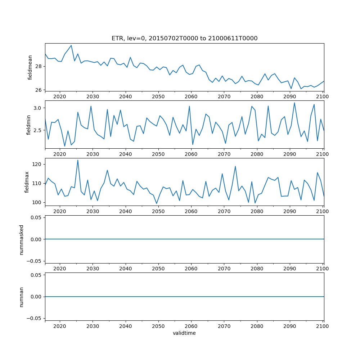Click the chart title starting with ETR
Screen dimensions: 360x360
(184, 39)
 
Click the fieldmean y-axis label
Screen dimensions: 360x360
(30, 67)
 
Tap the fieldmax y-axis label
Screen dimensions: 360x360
(27, 182)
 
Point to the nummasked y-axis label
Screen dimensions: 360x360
(22, 239)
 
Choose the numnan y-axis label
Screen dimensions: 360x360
(22, 297)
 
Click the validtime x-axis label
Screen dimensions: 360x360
(184, 333)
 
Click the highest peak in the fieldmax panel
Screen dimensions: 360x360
(78, 160)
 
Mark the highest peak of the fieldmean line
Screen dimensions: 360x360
(71, 45)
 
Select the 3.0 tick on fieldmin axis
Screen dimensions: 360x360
(37, 108)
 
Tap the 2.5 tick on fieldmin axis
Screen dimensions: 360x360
(37, 130)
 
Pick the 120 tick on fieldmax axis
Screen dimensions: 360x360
(37, 164)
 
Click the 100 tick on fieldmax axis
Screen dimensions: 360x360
(37, 202)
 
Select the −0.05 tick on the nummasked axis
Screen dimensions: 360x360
(35, 261)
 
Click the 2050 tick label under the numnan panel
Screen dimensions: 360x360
(158, 326)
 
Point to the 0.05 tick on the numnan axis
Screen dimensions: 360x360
(36, 275)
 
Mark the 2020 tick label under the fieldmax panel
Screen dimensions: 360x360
(60, 212)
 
